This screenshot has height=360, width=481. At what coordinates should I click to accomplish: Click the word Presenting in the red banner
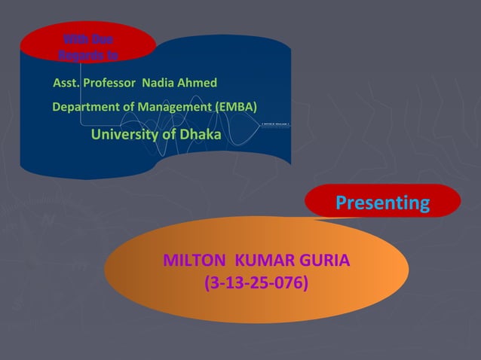(x=382, y=203)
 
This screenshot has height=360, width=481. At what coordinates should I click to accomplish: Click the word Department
(x=86, y=107)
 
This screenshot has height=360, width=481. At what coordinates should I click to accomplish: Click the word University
(x=124, y=135)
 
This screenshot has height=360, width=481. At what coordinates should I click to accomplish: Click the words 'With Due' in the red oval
(x=87, y=38)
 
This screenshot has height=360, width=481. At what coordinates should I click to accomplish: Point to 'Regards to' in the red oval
(x=87, y=53)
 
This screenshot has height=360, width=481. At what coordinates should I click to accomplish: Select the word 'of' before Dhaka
(x=169, y=135)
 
